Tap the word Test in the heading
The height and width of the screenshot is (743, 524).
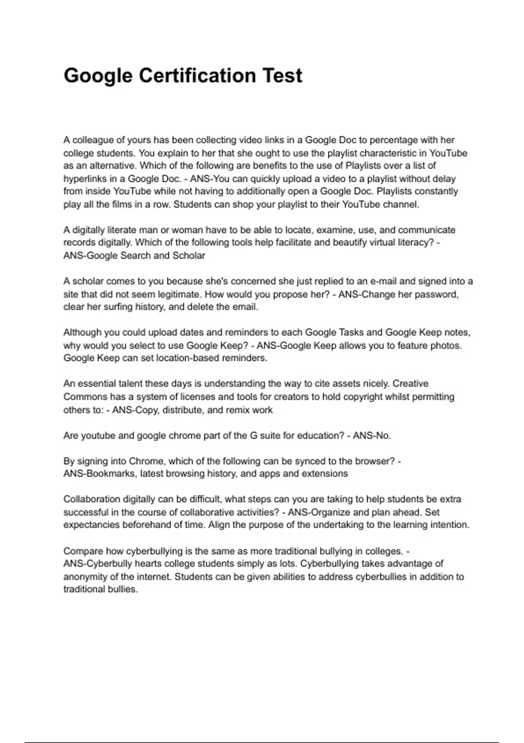(282, 75)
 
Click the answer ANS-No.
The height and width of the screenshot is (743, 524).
(372, 435)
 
